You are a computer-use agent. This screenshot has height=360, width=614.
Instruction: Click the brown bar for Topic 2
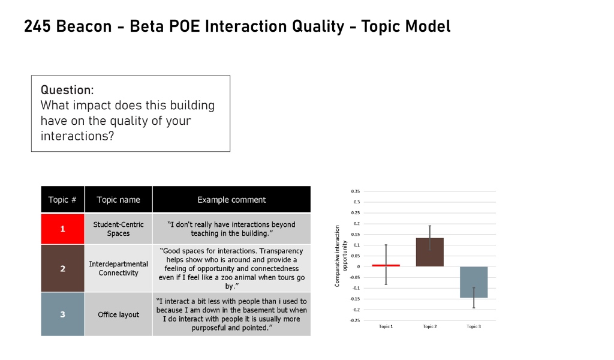point(430,252)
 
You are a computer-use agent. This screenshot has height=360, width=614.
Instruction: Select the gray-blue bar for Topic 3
point(474,282)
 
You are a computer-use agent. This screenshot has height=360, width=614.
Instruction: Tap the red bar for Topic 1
point(386,265)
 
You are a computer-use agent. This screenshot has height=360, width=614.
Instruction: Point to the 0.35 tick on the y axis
point(357,191)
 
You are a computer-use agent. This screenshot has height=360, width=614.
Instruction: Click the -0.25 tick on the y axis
point(356,320)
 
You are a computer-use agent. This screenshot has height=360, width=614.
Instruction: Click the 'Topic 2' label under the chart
point(430,326)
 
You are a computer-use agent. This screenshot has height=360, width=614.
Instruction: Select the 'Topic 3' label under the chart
point(474,326)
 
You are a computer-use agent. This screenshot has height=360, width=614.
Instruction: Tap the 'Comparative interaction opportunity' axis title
point(341,256)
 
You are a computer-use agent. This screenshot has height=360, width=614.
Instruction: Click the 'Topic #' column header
point(62,200)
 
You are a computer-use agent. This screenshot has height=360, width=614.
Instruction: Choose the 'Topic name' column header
point(118,200)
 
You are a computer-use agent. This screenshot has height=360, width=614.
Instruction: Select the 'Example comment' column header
point(231,200)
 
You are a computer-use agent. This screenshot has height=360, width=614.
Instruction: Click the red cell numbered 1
point(62,229)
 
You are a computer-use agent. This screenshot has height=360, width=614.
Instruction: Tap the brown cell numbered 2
point(62,268)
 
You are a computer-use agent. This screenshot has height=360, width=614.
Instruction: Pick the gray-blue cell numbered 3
point(62,314)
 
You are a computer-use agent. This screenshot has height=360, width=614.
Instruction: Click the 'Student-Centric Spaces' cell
point(118,229)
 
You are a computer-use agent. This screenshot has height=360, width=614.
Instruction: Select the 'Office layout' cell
point(118,314)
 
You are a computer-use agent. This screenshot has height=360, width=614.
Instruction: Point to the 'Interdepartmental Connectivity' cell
point(118,268)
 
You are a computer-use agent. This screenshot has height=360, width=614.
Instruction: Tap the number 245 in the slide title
point(36,26)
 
